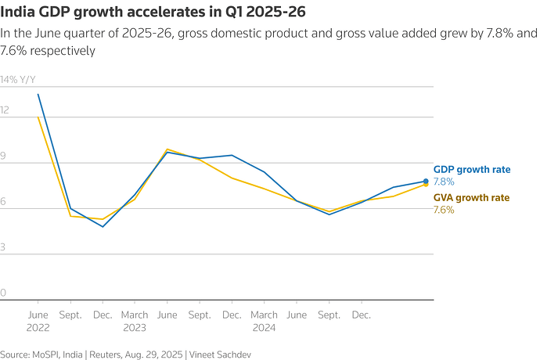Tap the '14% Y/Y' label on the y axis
18,80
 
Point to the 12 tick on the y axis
5,110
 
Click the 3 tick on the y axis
4,247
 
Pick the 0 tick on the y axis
4,293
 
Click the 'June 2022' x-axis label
38,321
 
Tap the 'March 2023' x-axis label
135,321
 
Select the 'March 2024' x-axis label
264,321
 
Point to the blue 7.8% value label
444,182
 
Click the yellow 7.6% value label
444,210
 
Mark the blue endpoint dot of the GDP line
426,182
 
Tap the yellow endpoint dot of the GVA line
426,185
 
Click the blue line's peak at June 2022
38,94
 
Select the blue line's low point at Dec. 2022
103,227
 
